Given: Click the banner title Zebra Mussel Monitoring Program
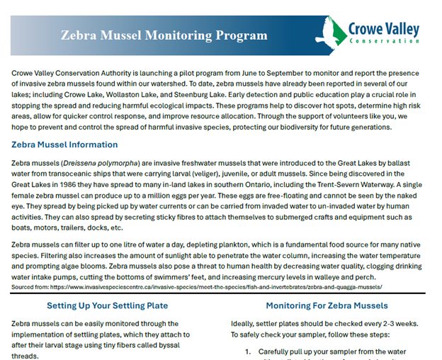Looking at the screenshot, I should point(164,35).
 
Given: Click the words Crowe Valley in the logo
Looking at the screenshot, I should point(383,30).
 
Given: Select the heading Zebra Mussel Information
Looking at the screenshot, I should point(64,145).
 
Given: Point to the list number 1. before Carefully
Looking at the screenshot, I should point(249,351).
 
